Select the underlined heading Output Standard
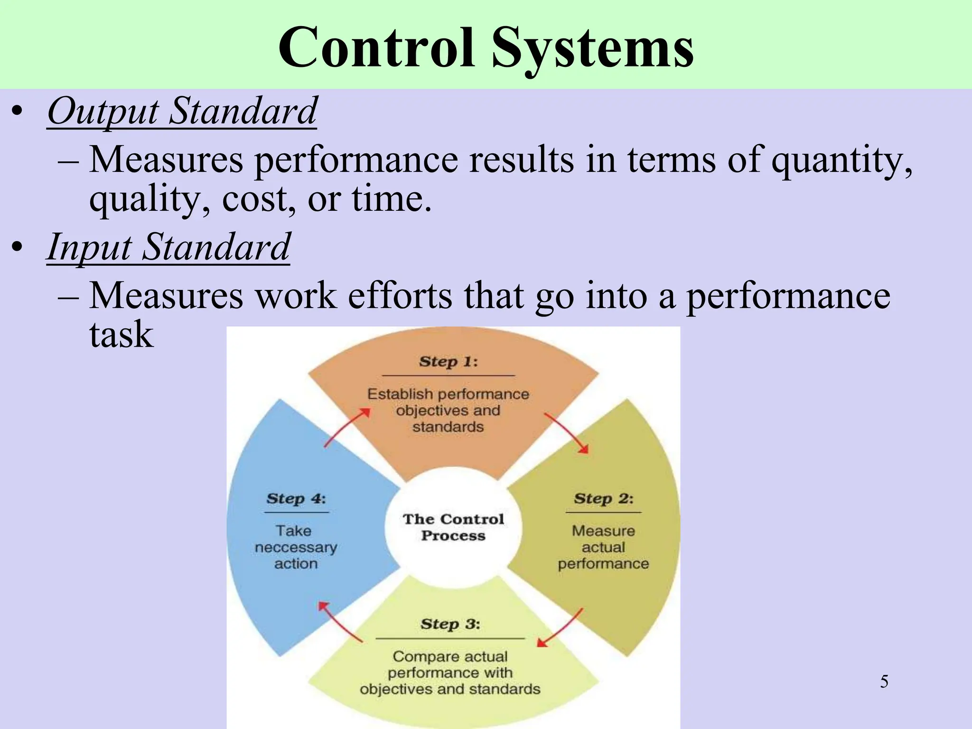click(x=182, y=112)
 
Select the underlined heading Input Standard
click(x=168, y=247)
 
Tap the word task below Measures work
click(x=121, y=335)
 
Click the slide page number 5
click(x=884, y=682)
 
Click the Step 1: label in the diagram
click(x=448, y=362)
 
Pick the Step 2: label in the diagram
click(x=603, y=499)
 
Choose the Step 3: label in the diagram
click(x=450, y=624)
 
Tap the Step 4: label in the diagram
click(x=296, y=499)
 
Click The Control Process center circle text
click(x=453, y=527)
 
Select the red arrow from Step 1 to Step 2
click(x=567, y=432)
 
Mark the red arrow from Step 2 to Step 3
click(x=560, y=628)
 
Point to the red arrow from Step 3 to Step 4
click(x=339, y=621)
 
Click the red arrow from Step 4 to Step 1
click(x=346, y=427)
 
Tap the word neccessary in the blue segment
click(x=296, y=548)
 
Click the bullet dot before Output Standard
click(x=18, y=112)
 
